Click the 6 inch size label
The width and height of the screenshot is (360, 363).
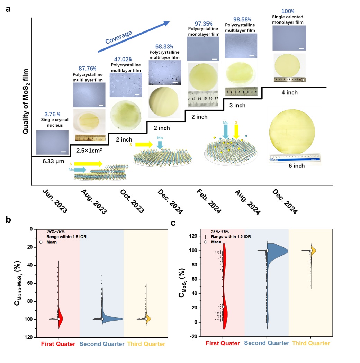point(296,166)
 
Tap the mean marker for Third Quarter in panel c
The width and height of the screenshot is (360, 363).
point(311,251)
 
